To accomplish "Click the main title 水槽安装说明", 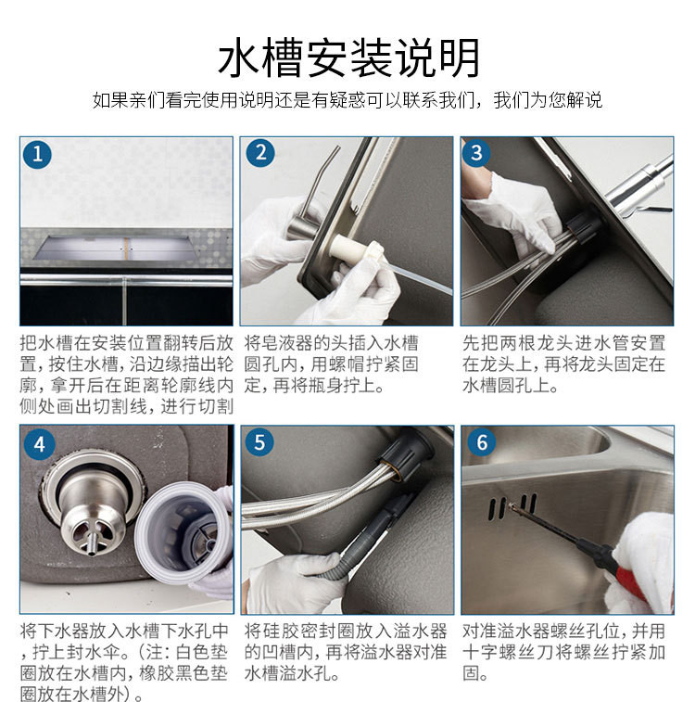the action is coord(348,58).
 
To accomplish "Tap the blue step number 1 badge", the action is coord(37,155).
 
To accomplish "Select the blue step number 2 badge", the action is coord(260,153).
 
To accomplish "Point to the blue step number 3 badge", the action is coord(476,153).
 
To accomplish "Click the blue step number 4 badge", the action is coord(39,444).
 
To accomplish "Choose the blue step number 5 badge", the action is coord(259,442).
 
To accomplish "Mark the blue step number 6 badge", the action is coord(482,442).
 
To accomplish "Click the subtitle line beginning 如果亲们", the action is coord(347,100).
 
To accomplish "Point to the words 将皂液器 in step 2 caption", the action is coord(281,343).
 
